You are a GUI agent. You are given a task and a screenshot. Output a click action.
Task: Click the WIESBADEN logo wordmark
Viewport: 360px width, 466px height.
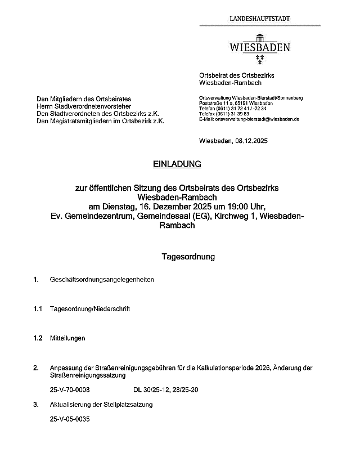pyautogui.click(x=259, y=47)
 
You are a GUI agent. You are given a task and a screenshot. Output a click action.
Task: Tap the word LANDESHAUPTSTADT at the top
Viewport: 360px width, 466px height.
pyautogui.click(x=260, y=19)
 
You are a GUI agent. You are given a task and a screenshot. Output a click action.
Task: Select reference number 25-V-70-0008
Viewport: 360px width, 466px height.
pyautogui.click(x=70, y=389)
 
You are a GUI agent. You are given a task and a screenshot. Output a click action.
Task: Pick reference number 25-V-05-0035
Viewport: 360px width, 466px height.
pyautogui.click(x=70, y=419)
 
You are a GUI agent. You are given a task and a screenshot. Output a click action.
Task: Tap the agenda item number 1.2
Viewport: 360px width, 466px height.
pyautogui.click(x=38, y=338)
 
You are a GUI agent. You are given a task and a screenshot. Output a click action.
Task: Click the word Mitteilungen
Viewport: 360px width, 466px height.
pyautogui.click(x=67, y=338)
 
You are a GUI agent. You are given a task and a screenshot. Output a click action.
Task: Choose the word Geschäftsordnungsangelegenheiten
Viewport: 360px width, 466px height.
pyautogui.click(x=102, y=280)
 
